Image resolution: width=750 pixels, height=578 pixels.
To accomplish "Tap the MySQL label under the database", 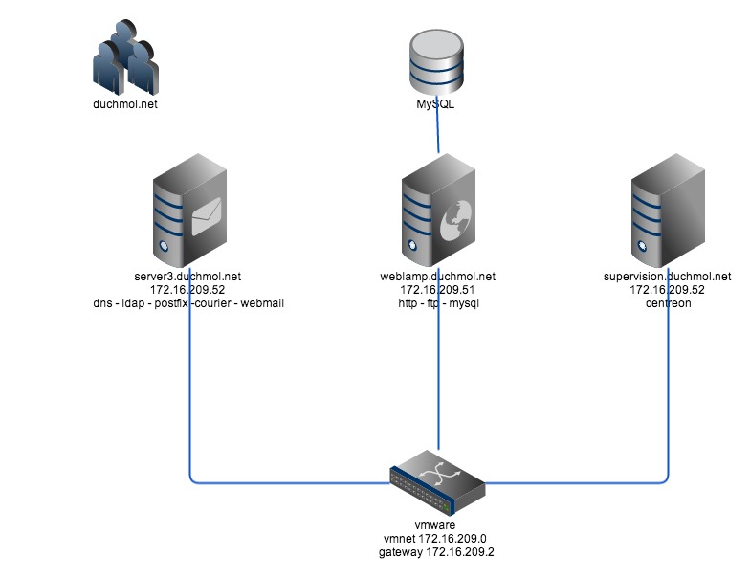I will tap(437, 105).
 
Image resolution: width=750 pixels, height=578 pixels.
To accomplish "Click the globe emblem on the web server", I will tap(452, 227).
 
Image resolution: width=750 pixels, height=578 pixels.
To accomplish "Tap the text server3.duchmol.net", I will tap(189, 277).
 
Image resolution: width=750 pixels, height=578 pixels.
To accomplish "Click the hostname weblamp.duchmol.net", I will tap(437, 277).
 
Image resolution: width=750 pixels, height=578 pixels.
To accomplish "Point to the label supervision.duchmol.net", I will tap(666, 277).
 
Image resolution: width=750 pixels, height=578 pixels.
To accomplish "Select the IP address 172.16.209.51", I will tap(437, 290).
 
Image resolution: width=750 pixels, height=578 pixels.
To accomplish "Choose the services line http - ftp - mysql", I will tap(437, 303).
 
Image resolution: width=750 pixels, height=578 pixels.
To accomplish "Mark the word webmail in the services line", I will tap(260, 303).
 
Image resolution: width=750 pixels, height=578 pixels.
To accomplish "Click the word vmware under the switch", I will tap(437, 525).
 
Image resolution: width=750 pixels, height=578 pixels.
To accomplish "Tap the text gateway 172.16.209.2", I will tap(437, 552).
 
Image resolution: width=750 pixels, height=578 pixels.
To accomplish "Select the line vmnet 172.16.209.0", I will tap(437, 539).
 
